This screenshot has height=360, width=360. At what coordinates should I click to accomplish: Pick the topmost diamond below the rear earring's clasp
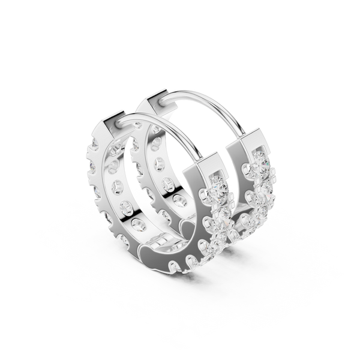point(259,162)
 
